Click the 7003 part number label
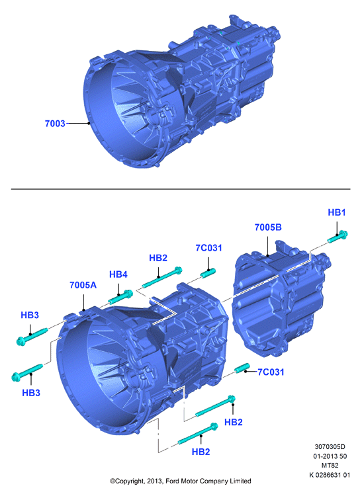pyautogui.click(x=55, y=124)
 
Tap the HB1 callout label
pyautogui.click(x=337, y=212)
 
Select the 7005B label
pyautogui.click(x=268, y=227)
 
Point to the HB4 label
pyautogui.click(x=118, y=274)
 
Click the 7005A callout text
pyautogui.click(x=83, y=285)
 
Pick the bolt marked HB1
pyautogui.click(x=337, y=237)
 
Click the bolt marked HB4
pyautogui.click(x=120, y=297)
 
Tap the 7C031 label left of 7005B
pyautogui.click(x=208, y=248)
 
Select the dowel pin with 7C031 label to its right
pyautogui.click(x=242, y=368)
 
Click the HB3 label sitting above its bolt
pyautogui.click(x=30, y=315)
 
